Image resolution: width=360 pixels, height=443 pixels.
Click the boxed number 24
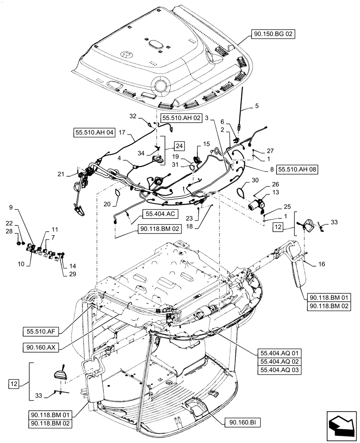pyautogui.click(x=179, y=146)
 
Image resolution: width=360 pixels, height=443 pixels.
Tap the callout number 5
pyautogui.click(x=256, y=106)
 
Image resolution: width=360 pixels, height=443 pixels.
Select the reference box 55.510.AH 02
pyautogui.click(x=181, y=118)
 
